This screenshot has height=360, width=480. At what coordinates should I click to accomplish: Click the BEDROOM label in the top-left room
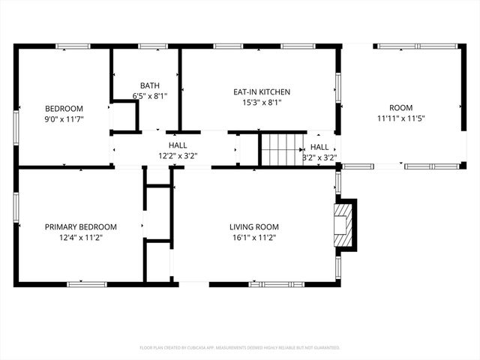click(x=64, y=108)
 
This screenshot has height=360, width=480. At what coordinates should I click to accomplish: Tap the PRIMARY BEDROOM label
click(x=81, y=227)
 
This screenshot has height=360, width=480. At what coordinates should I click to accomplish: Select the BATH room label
click(x=150, y=85)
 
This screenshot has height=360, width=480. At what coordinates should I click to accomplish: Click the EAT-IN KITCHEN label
click(x=262, y=92)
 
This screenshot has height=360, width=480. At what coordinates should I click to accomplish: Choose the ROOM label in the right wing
click(x=400, y=108)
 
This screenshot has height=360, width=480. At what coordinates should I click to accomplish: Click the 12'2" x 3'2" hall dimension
click(x=178, y=156)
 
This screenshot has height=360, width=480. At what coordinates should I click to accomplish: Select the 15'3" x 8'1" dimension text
click(x=262, y=103)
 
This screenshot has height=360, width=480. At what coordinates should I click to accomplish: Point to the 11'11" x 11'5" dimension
click(x=400, y=118)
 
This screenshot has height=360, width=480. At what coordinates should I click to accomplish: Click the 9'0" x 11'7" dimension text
click(x=64, y=118)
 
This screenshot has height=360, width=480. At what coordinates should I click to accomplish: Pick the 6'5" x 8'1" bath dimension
click(x=150, y=96)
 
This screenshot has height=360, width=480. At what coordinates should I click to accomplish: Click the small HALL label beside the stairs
click(x=319, y=147)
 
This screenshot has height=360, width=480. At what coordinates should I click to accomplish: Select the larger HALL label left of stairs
click(x=178, y=145)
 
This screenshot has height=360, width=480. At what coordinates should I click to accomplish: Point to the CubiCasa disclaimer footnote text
click(x=240, y=348)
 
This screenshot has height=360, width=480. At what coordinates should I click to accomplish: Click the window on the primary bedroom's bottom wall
click(x=88, y=283)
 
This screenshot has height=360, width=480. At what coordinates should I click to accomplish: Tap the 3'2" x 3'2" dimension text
click(x=319, y=157)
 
